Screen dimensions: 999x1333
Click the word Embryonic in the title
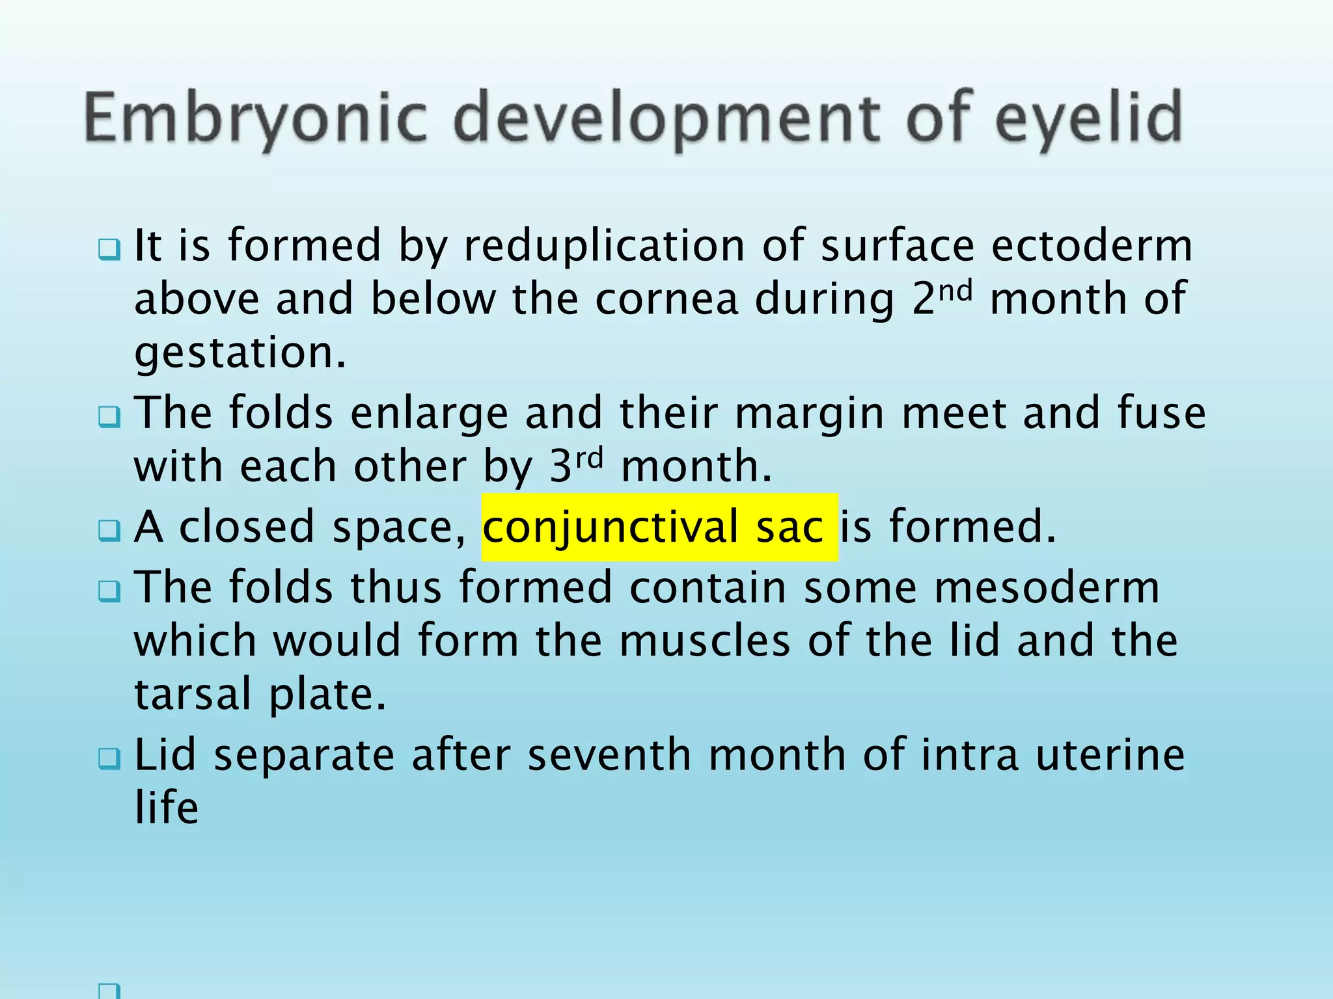point(255,118)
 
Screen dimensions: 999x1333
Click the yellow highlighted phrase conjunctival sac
point(659,527)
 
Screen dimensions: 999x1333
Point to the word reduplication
point(604,246)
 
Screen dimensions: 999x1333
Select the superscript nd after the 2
point(955,290)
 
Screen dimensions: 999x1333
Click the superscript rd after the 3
point(590,458)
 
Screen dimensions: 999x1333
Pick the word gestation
point(240,353)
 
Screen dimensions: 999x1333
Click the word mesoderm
point(1047,588)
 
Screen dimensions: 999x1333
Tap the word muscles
point(704,641)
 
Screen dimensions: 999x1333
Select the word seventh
point(609,756)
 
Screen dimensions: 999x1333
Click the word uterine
point(1110,756)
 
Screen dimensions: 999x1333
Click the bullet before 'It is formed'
point(109,249)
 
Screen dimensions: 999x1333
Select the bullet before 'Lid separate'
point(109,758)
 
